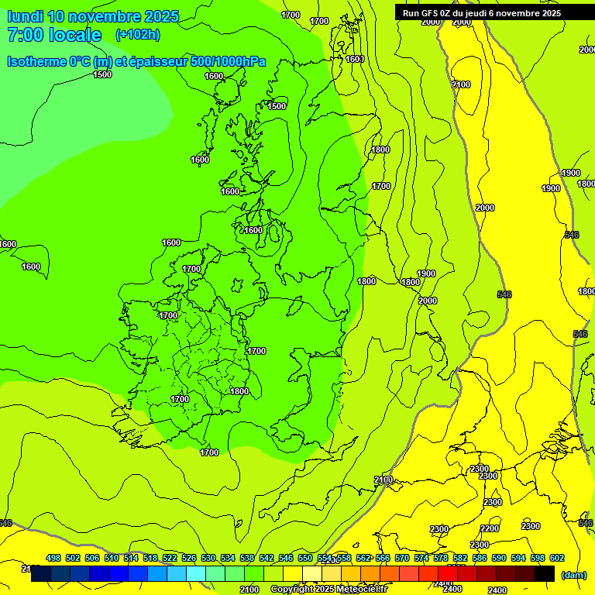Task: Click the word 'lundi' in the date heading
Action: coord(25,16)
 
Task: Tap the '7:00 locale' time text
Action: coord(54,35)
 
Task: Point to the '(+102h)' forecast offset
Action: coord(137,34)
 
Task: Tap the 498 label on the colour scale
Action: coord(53,558)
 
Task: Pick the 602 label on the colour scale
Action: coord(557,558)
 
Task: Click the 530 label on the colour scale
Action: coord(208,558)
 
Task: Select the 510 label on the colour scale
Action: coord(112,558)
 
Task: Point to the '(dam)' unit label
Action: coord(573,574)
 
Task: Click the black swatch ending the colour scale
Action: coord(545,573)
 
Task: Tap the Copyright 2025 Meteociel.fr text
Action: coord(328,590)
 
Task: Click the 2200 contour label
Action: coord(490,528)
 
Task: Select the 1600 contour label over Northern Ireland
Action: coord(253,230)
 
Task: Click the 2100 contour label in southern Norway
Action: coord(461,84)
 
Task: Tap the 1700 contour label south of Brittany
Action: coord(209,452)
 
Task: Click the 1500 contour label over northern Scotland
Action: coord(277,106)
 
